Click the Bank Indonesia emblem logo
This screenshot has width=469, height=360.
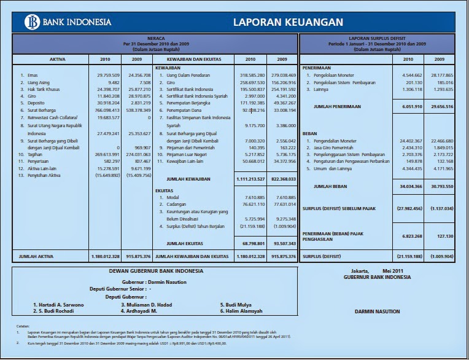[31, 22]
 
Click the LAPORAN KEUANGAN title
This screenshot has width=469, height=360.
[287, 23]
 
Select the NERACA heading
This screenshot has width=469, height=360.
[155, 38]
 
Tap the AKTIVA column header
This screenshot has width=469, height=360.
[49, 59]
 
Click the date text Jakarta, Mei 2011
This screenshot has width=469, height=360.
[377, 271]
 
